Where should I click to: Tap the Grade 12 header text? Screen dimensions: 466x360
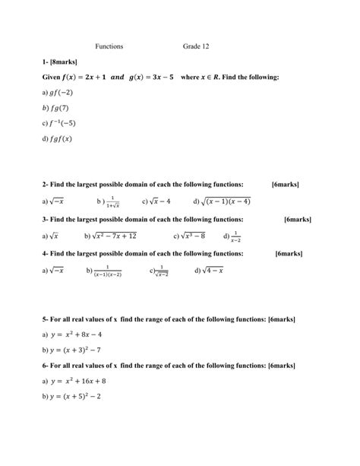pos(196,46)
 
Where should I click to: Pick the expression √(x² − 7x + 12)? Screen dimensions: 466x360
pos(115,236)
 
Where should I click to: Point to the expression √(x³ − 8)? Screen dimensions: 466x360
pos(193,236)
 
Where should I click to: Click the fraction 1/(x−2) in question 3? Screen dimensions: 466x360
pos(235,236)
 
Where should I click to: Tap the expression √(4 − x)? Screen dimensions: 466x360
pos(213,270)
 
